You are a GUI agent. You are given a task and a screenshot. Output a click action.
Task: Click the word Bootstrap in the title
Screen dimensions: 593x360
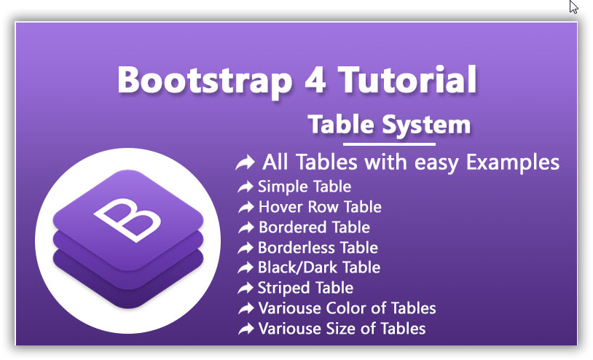(205, 81)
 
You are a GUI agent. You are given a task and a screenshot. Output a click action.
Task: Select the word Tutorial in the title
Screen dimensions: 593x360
(407, 79)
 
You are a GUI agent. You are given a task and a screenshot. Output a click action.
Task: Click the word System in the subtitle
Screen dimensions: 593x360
(426, 125)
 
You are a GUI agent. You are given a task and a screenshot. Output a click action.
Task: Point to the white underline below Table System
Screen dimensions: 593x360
(389, 144)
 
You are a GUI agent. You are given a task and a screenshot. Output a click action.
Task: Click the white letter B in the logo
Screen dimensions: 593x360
(127, 219)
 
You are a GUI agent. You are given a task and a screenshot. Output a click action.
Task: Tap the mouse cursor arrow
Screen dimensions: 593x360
(574, 7)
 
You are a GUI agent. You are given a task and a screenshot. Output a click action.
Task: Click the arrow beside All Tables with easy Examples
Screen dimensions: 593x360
(245, 163)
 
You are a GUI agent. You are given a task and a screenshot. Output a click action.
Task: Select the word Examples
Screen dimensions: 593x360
(512, 163)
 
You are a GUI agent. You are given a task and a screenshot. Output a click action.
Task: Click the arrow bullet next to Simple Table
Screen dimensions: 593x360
(245, 187)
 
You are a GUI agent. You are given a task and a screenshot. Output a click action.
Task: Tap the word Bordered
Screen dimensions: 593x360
(290, 227)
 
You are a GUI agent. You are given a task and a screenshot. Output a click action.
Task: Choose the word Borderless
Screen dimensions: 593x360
(296, 248)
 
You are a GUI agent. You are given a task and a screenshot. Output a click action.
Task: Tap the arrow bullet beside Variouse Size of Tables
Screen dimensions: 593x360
(246, 329)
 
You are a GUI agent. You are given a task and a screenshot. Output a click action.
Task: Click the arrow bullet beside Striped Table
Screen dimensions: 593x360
(245, 288)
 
